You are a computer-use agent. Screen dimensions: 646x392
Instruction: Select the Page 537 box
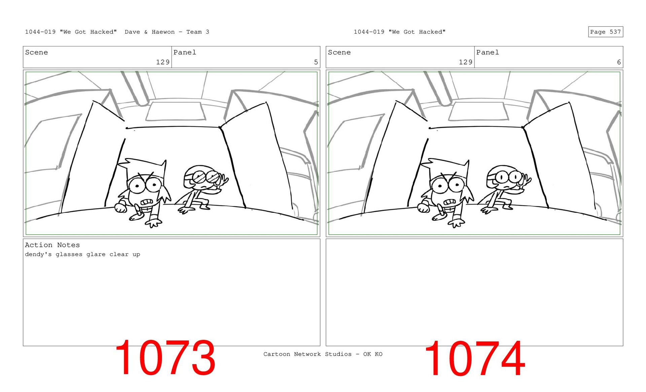(605, 32)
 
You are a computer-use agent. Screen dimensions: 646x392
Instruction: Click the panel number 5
(316, 62)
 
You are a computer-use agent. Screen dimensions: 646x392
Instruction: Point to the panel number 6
(619, 62)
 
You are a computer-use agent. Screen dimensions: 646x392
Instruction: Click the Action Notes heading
(52, 245)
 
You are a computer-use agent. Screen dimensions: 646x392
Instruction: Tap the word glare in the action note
(96, 254)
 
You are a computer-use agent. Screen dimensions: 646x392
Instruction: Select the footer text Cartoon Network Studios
(308, 354)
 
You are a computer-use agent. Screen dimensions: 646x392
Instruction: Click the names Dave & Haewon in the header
(150, 32)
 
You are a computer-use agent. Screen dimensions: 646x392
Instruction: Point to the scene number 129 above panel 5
(163, 62)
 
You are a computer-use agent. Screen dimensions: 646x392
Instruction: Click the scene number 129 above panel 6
(466, 62)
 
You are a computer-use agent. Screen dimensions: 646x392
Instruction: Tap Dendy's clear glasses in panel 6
(508, 177)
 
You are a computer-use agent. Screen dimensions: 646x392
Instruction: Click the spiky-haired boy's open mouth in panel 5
(147, 202)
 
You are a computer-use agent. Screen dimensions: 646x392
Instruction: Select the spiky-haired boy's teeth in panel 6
(450, 202)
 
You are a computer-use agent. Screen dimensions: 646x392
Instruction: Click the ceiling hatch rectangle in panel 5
(175, 111)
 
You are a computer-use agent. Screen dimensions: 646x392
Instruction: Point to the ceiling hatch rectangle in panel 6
(478, 111)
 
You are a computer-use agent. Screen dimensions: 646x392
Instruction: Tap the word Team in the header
(194, 32)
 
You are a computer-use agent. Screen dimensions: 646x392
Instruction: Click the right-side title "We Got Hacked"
(417, 32)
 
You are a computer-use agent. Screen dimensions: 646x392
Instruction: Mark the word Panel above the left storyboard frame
(185, 52)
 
